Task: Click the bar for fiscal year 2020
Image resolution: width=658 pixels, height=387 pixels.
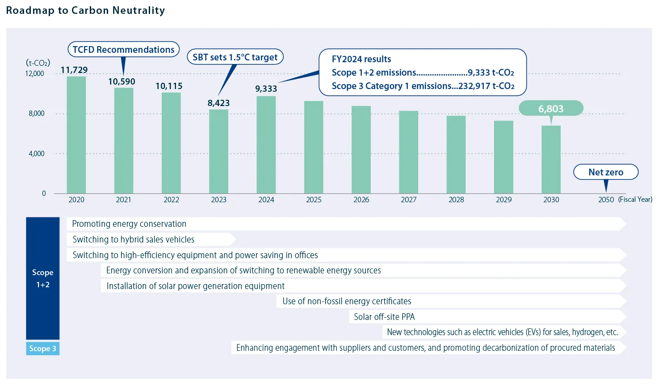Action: (x=76, y=135)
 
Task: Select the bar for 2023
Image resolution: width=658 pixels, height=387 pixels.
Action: (x=219, y=152)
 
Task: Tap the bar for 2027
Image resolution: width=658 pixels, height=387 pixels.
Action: (x=409, y=152)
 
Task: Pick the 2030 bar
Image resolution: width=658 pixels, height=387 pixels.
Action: (x=551, y=160)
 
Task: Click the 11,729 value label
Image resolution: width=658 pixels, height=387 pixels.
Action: (x=74, y=70)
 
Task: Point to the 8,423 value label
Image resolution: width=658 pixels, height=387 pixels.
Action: (x=218, y=103)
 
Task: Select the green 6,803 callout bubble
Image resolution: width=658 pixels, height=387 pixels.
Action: (x=551, y=109)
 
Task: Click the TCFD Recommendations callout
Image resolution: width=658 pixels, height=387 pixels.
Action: (x=123, y=50)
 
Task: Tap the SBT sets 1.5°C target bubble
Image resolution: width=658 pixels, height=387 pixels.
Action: (x=235, y=57)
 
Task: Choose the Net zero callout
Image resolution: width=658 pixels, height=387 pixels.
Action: (x=606, y=172)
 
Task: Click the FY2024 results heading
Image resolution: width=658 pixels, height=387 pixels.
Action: (x=361, y=59)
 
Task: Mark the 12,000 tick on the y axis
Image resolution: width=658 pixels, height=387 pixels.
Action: (x=34, y=74)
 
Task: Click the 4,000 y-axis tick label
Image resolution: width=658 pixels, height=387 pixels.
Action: (x=37, y=154)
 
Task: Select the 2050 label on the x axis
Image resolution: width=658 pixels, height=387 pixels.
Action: (x=606, y=200)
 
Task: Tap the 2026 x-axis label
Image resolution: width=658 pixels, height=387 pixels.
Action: (x=361, y=200)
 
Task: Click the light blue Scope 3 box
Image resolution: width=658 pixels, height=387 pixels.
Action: (x=43, y=349)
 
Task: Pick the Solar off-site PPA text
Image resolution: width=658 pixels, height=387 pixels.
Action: (x=384, y=317)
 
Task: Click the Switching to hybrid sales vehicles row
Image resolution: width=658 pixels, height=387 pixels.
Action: (x=134, y=240)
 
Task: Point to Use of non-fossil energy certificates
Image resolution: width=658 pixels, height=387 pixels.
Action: (x=347, y=302)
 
